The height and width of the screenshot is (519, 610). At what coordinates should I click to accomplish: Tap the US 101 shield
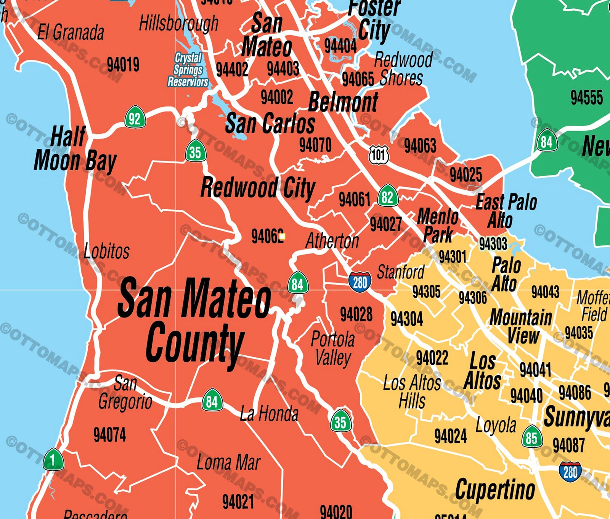tap(379, 155)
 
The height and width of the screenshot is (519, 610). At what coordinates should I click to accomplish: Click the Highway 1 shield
tap(53, 460)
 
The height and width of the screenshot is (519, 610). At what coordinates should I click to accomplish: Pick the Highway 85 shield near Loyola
tap(531, 437)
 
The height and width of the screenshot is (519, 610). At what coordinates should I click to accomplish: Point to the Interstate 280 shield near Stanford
tap(360, 282)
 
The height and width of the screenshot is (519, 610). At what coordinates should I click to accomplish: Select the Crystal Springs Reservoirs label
tap(188, 70)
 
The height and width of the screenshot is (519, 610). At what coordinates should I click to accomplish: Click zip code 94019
tap(123, 64)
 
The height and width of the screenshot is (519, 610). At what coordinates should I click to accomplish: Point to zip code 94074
tap(109, 435)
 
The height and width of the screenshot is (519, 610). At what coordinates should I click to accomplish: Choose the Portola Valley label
tap(333, 348)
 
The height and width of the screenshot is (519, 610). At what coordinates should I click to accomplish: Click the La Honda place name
tap(269, 414)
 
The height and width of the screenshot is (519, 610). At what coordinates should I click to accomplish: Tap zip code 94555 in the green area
tap(586, 97)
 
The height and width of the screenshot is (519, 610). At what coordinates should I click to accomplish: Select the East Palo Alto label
tap(505, 211)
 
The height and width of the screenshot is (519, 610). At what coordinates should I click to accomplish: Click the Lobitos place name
tap(106, 251)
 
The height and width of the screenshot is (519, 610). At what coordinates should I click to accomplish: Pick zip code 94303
tap(493, 243)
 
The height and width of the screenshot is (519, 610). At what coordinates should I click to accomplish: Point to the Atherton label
tap(332, 241)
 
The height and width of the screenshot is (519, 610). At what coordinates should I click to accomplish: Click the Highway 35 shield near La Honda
tap(340, 421)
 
